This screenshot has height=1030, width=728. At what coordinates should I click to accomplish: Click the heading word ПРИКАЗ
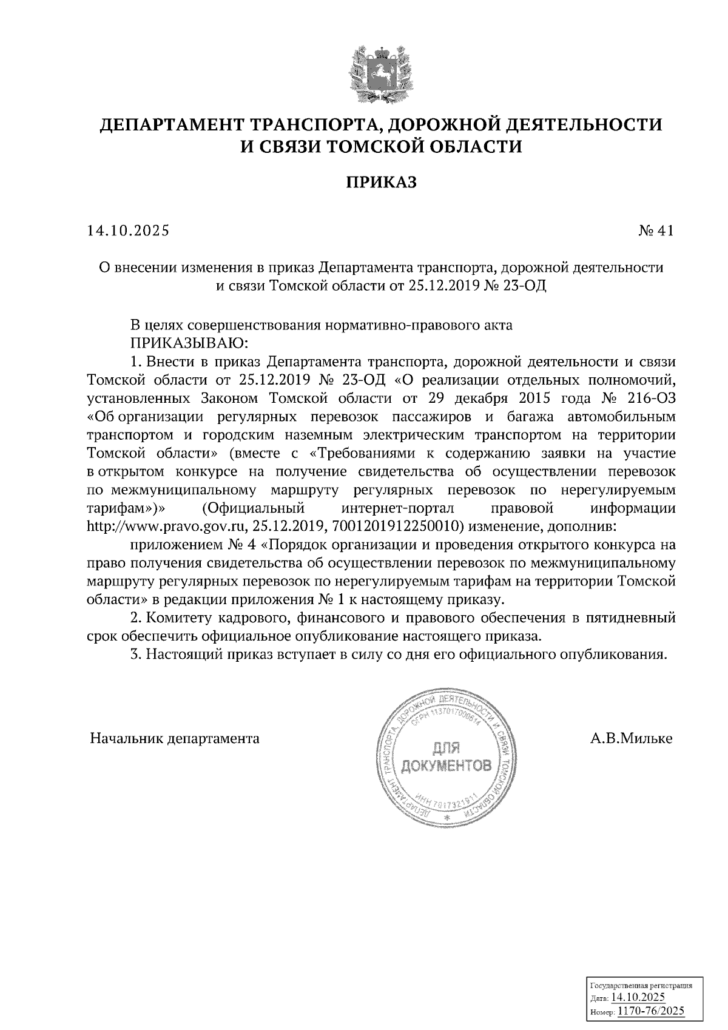381,183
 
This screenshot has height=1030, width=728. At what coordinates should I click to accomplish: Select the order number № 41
656,231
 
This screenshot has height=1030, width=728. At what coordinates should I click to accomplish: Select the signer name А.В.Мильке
631,739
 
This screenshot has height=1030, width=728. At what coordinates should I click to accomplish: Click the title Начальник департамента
175,739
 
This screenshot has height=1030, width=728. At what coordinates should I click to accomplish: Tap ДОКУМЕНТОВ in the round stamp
447,766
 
